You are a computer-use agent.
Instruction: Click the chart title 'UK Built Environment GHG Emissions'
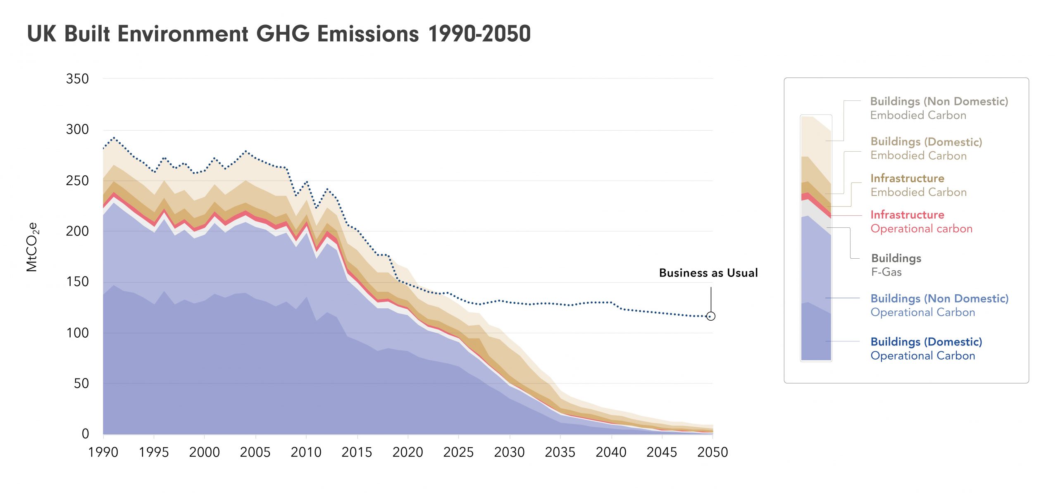pyautogui.click(x=279, y=34)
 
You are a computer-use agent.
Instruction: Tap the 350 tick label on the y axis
pyautogui.click(x=77, y=79)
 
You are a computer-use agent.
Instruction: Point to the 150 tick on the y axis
pyautogui.click(x=77, y=282)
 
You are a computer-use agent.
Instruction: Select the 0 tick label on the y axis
pyautogui.click(x=85, y=433)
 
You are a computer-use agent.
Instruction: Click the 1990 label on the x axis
pyautogui.click(x=103, y=452)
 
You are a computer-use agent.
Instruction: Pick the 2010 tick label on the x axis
pyautogui.click(x=306, y=452)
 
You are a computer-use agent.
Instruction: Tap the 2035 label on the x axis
pyautogui.click(x=560, y=452)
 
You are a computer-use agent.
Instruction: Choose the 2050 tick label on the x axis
pyautogui.click(x=712, y=452)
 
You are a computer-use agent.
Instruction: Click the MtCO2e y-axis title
pyautogui.click(x=32, y=247)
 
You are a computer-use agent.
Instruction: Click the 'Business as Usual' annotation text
pyautogui.click(x=708, y=273)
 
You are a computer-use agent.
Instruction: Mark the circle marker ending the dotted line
pyautogui.click(x=710, y=316)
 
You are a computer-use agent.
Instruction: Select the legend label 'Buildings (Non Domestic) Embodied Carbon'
pyautogui.click(x=939, y=108)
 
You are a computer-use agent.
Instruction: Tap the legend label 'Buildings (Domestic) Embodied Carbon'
pyautogui.click(x=926, y=148)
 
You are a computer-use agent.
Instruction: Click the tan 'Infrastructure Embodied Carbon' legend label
pyautogui.click(x=918, y=185)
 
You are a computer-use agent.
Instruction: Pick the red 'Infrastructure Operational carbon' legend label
pyautogui.click(x=921, y=221)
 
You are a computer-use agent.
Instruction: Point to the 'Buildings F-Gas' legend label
pyautogui.click(x=896, y=265)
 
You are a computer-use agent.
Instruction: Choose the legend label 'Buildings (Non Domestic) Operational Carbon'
pyautogui.click(x=939, y=305)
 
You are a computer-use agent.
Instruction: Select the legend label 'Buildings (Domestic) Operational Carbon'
pyautogui.click(x=926, y=349)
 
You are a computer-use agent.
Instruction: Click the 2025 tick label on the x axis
pyautogui.click(x=458, y=452)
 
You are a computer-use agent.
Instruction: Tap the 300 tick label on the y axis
pyautogui.click(x=77, y=129)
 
